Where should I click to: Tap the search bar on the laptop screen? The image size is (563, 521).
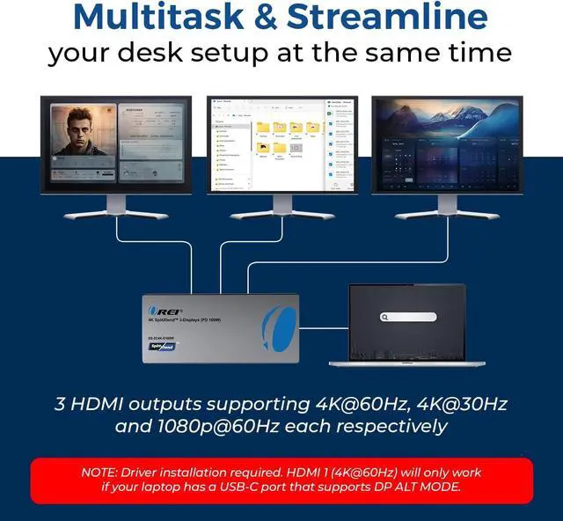(x=408, y=317)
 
